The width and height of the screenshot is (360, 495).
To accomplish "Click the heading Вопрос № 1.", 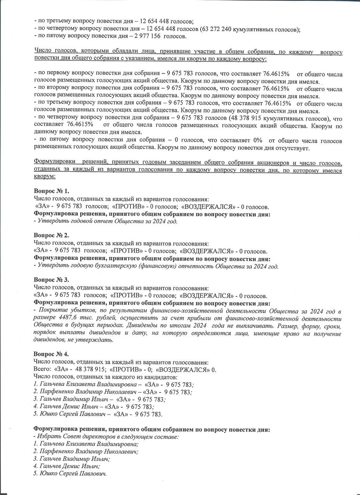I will pyautogui.click(x=51, y=191).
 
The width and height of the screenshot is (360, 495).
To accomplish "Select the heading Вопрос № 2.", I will pyautogui.click(x=51, y=236).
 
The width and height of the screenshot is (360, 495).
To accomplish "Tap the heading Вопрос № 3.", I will pyautogui.click(x=51, y=280).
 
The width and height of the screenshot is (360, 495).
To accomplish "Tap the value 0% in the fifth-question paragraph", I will pyautogui.click(x=255, y=140).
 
